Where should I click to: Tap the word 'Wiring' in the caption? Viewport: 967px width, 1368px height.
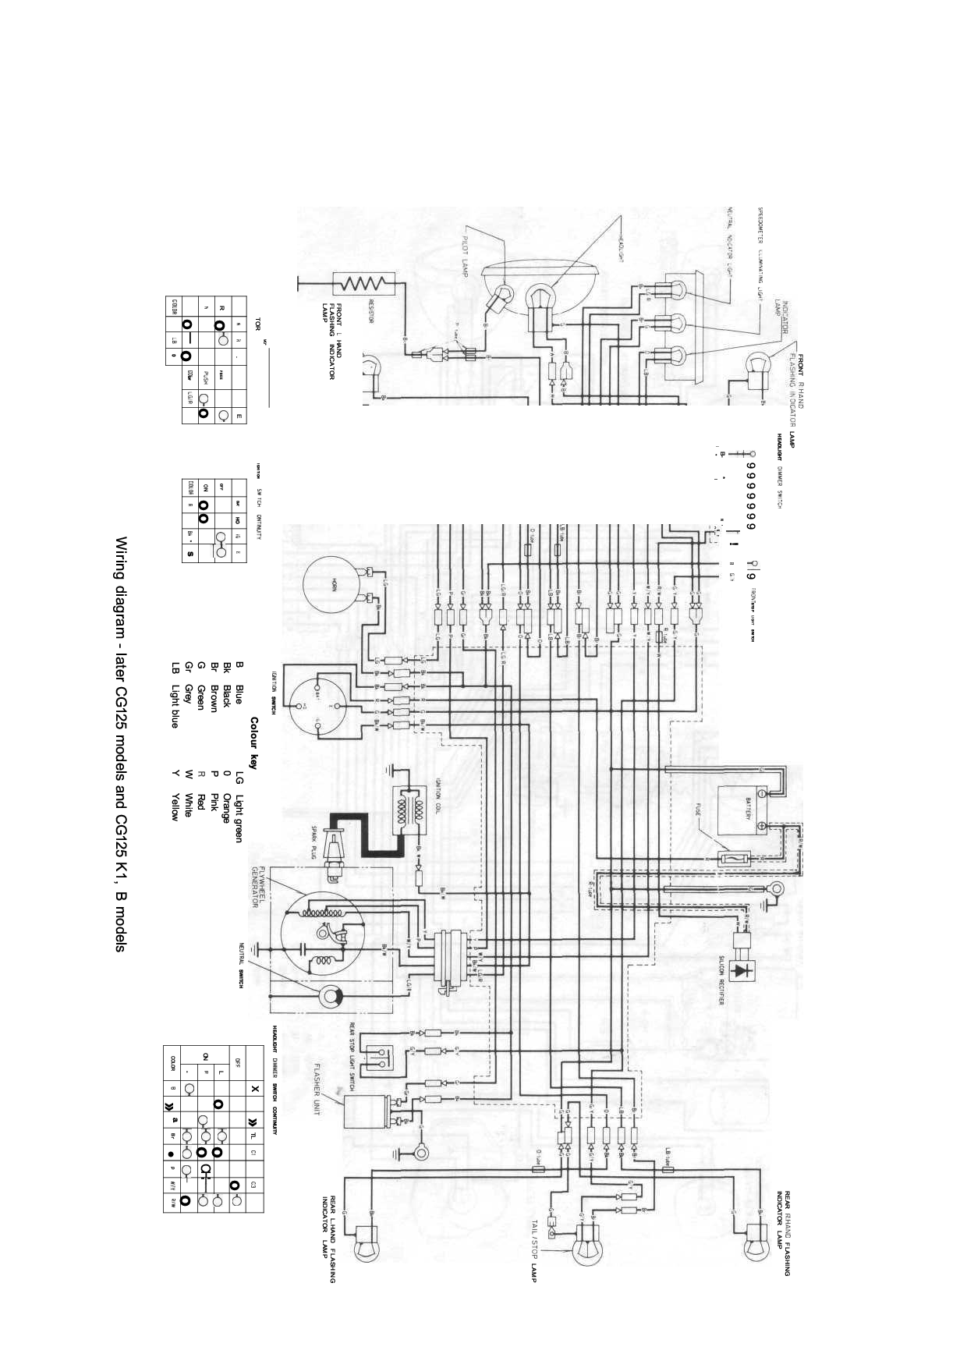(x=121, y=557)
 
